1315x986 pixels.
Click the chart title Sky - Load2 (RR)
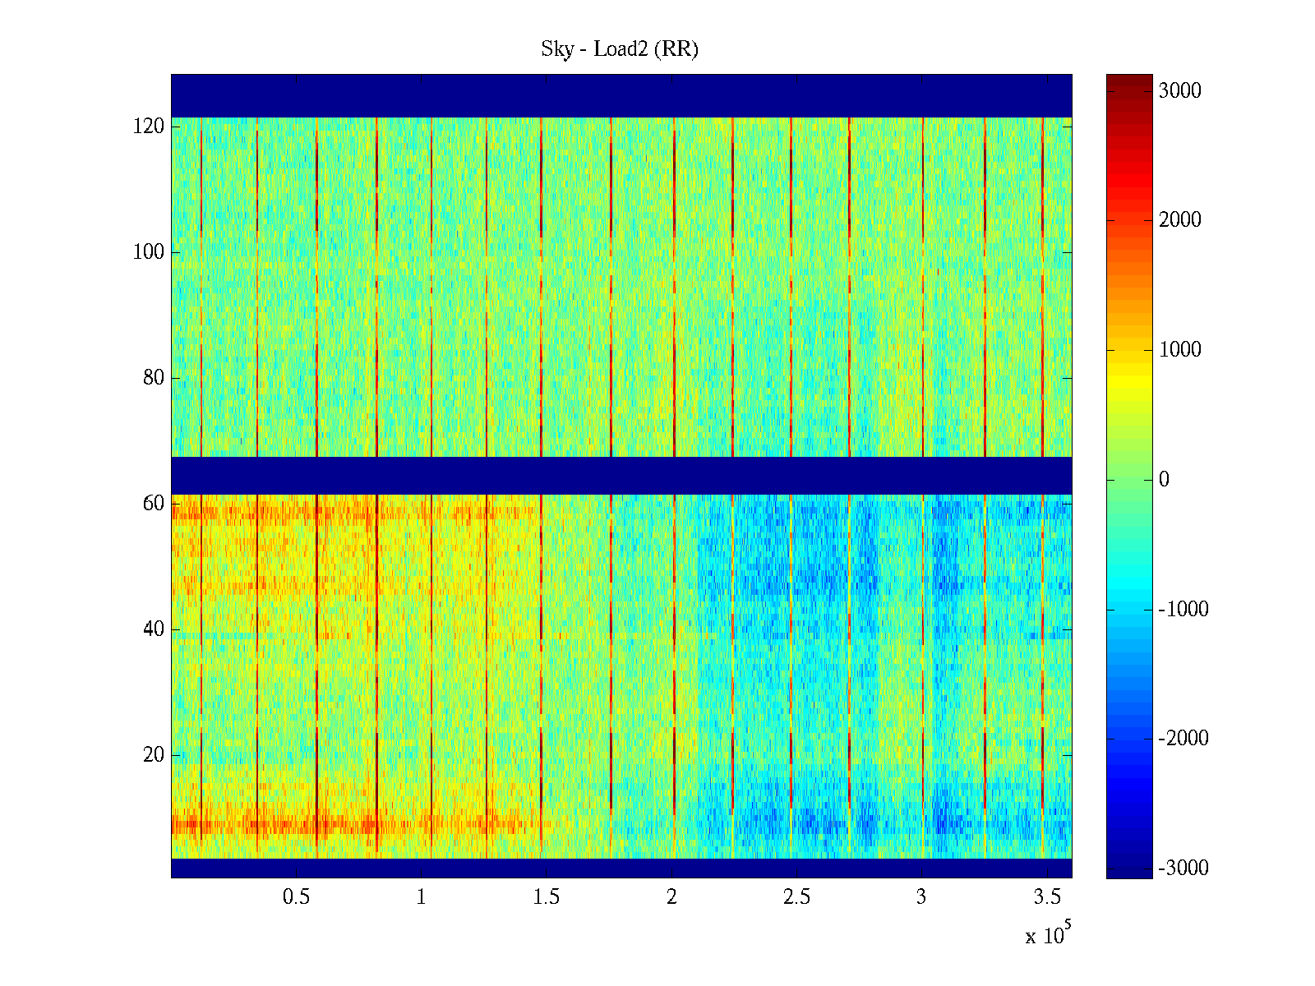click(620, 49)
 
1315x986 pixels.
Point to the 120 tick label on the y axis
click(149, 127)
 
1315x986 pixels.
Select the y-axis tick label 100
click(149, 252)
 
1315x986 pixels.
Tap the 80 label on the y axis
click(154, 378)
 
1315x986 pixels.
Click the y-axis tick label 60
click(154, 504)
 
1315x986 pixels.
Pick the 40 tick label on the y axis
click(154, 629)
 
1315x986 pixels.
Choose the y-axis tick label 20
click(154, 755)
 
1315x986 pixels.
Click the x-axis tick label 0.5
click(296, 897)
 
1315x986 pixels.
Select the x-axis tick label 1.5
click(547, 897)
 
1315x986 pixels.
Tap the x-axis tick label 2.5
click(796, 897)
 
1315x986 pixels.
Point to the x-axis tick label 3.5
click(1047, 897)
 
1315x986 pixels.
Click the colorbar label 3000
click(1179, 91)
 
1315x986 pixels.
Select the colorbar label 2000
click(1179, 220)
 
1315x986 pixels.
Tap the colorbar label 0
click(1164, 480)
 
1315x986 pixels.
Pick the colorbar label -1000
click(1183, 610)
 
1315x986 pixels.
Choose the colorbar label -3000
click(1183, 869)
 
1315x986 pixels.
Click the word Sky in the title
click(556, 49)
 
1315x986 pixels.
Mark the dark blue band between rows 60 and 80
click(621, 476)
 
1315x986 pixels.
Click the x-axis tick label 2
click(671, 897)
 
